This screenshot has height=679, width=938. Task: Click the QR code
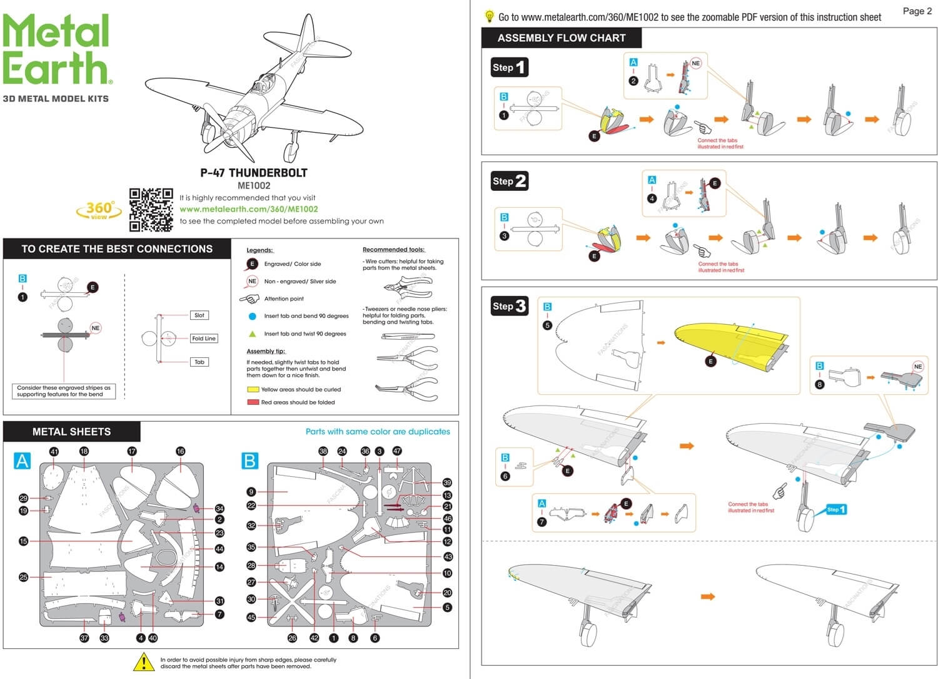pyautogui.click(x=151, y=210)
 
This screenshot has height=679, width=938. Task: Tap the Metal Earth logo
pyautogui.click(x=56, y=50)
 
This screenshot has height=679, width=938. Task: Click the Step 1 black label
pyautogui.click(x=509, y=67)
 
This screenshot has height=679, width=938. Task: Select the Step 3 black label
pyautogui.click(x=509, y=306)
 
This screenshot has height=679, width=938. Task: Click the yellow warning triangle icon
pyautogui.click(x=144, y=661)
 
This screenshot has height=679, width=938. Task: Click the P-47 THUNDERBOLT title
pyautogui.click(x=253, y=173)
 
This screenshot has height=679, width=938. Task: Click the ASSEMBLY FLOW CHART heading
pyautogui.click(x=561, y=38)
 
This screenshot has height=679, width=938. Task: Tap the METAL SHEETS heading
pyautogui.click(x=71, y=432)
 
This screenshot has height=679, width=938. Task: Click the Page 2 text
pyautogui.click(x=917, y=11)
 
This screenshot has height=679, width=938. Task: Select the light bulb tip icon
pyautogui.click(x=489, y=17)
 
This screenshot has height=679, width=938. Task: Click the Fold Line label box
pyautogui.click(x=204, y=339)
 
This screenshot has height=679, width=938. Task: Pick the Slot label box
pyautogui.click(x=199, y=315)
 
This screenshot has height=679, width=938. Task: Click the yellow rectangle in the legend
pyautogui.click(x=253, y=389)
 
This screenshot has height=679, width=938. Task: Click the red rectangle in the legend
pyautogui.click(x=253, y=402)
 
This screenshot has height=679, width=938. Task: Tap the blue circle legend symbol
pyautogui.click(x=252, y=316)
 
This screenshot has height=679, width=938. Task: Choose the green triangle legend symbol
pyautogui.click(x=252, y=334)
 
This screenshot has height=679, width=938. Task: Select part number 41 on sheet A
pyautogui.click(x=54, y=452)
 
